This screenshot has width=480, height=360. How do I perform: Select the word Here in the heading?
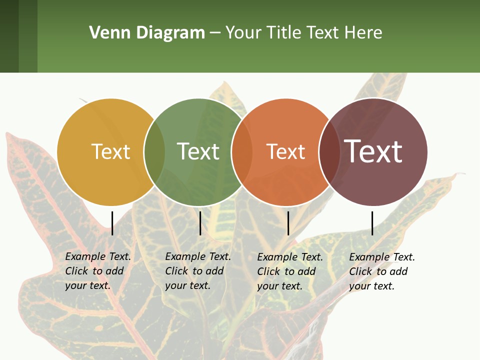point(363,33)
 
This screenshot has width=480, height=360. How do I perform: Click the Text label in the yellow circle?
point(110,151)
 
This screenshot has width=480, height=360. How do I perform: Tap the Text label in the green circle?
point(198,151)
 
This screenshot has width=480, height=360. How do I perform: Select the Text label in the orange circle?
point(286,151)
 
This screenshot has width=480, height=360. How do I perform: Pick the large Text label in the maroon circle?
point(373,151)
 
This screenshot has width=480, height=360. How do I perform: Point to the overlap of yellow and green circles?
point(154,152)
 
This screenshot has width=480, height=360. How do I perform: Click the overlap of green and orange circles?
point(242,152)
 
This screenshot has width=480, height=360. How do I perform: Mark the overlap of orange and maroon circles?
point(329,152)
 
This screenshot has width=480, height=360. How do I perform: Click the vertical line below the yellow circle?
point(112,223)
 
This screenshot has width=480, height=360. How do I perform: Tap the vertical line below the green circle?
point(200,223)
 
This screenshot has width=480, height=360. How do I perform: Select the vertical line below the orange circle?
point(288,223)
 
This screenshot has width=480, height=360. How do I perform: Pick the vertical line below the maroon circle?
point(372,223)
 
